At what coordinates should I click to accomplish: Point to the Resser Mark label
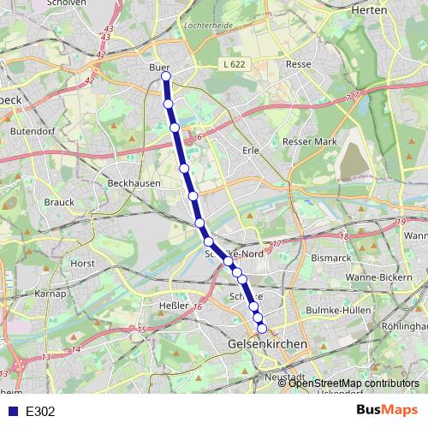point(309,141)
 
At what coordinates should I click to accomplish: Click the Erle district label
point(251,150)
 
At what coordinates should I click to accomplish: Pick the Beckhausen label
point(129,183)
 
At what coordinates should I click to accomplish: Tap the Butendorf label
point(31,132)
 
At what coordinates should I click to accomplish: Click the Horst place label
point(83,264)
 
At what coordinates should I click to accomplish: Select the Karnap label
point(51,294)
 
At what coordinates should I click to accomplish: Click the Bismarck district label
point(330,257)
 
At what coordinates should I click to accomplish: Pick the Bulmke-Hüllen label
point(342,310)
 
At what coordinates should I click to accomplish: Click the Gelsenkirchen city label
point(269,343)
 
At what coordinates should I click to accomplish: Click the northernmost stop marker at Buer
point(165,77)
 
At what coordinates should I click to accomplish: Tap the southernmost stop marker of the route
point(262,327)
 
